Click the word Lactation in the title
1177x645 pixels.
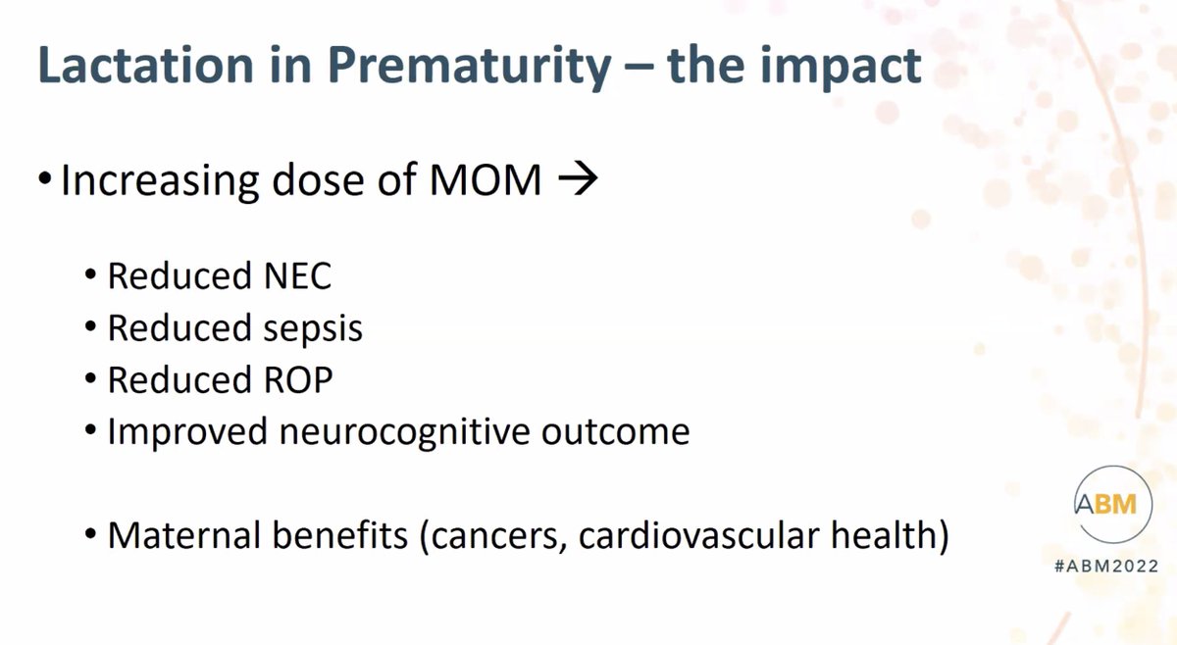(146, 65)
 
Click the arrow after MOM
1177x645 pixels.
(578, 178)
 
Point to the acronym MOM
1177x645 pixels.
(485, 180)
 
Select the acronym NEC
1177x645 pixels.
(297, 275)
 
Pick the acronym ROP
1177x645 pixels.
(298, 379)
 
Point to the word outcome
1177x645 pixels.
(615, 432)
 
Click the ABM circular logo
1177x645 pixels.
(1113, 504)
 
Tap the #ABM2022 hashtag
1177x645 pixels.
(1106, 567)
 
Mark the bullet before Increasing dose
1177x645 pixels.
(45, 178)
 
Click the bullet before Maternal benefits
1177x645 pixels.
(90, 533)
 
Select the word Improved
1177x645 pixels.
(187, 432)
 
